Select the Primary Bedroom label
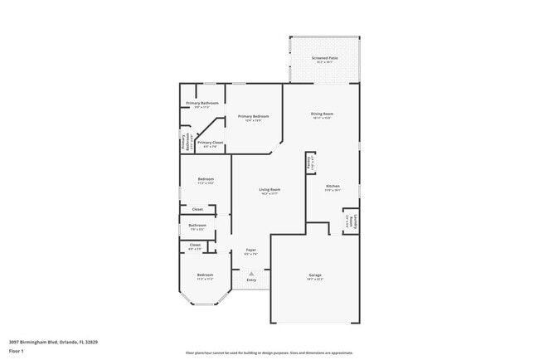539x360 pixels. coord(255,117)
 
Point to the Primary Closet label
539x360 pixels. coord(210,143)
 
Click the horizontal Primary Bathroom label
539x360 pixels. coord(202,104)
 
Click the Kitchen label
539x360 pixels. coord(333,186)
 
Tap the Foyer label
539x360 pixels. coord(250,250)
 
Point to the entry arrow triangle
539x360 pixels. coord(250,272)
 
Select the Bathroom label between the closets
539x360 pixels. coord(197,226)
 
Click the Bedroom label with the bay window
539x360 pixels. coord(205,275)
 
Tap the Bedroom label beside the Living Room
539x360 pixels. coord(206,180)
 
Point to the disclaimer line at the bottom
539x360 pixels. coord(269,352)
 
